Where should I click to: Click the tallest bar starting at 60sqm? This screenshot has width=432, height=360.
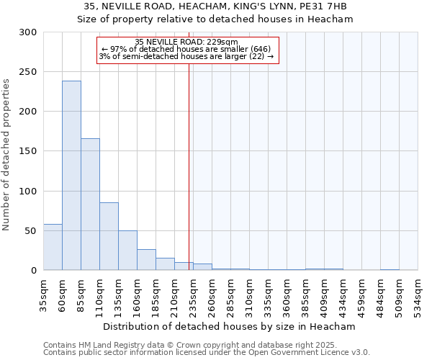71,176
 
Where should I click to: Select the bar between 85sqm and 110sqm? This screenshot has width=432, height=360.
90,204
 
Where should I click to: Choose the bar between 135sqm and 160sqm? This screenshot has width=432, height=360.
127,251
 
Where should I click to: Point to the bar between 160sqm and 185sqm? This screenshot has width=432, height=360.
146,260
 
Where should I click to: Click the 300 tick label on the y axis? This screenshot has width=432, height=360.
28,32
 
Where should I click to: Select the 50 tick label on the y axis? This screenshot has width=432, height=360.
31,231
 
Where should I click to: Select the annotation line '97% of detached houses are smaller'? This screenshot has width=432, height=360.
186,49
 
